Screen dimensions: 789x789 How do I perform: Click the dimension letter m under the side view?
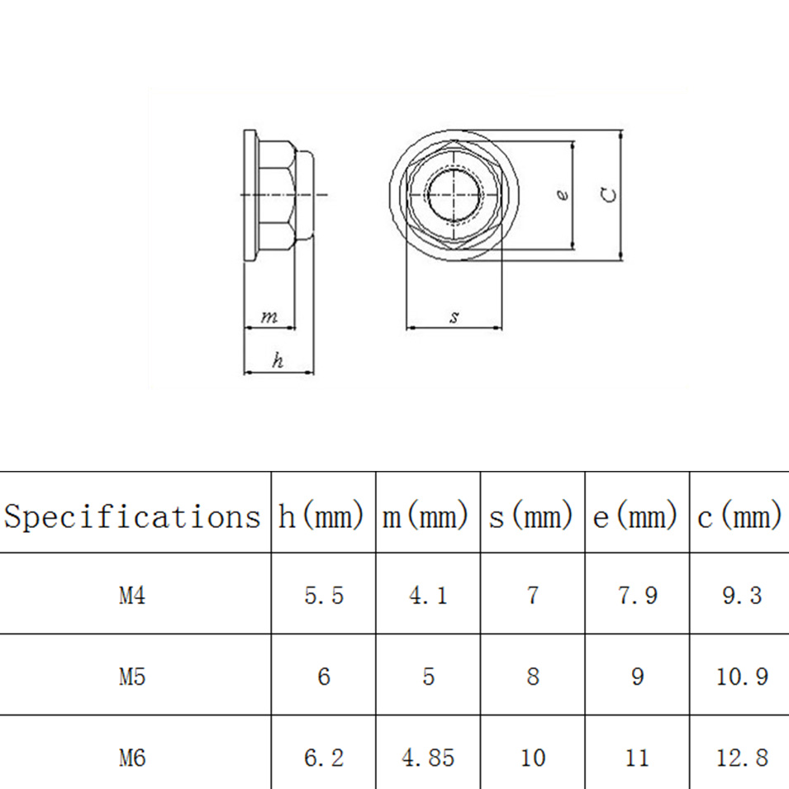point(269,317)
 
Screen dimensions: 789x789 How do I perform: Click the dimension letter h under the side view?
point(278,361)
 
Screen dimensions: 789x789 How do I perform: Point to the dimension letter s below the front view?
point(454,317)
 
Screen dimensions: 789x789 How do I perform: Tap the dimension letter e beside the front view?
point(563,195)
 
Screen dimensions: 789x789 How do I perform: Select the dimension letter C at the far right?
point(608,195)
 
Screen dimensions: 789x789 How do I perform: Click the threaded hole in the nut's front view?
point(454,195)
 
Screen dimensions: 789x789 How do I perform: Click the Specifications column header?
point(132,517)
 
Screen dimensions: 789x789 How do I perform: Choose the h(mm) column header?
point(322,517)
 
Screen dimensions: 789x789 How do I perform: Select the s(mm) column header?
point(531,517)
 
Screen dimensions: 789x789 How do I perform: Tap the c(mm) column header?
point(739,517)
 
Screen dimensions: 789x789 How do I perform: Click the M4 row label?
point(132,595)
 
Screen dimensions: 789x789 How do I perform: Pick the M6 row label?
point(132,757)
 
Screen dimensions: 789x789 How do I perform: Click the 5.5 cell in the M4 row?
point(323,595)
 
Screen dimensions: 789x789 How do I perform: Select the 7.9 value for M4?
point(637,595)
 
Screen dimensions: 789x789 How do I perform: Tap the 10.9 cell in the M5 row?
point(741,677)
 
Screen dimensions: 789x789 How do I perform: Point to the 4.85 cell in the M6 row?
point(428,757)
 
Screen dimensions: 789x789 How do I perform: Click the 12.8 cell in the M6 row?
point(741,757)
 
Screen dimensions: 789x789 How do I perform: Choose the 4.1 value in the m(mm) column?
point(428,595)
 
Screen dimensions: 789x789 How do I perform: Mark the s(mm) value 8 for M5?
point(532,677)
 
